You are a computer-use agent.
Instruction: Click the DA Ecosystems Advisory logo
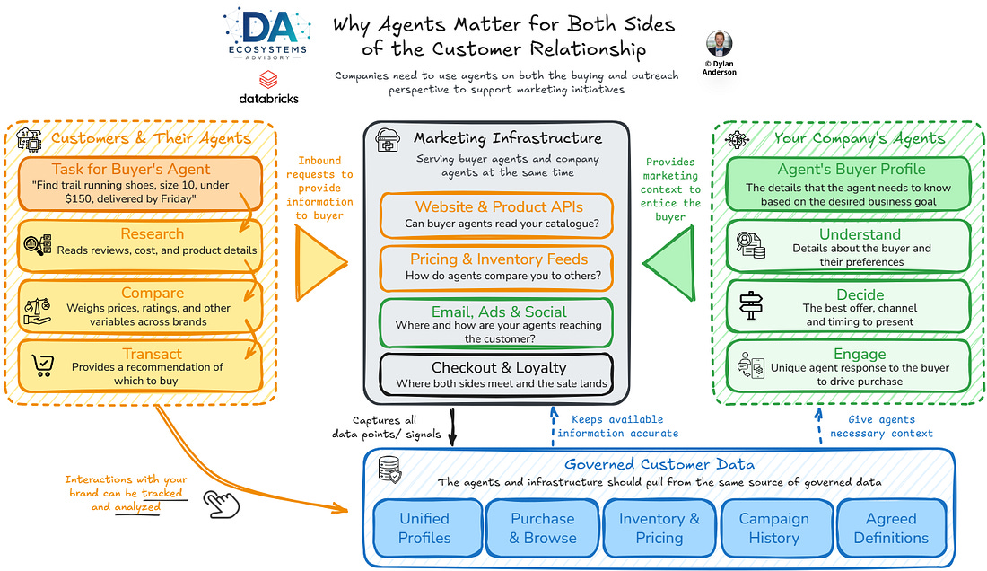click(266, 34)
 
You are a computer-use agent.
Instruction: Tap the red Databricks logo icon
click(269, 79)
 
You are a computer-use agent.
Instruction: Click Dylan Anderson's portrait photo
click(719, 43)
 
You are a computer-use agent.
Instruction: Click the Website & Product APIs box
click(497, 215)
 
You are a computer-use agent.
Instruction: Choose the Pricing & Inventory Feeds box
click(497, 268)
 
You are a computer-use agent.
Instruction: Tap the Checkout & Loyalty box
click(497, 374)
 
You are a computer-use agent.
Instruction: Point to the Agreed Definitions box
click(892, 528)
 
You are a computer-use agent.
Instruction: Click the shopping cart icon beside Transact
click(43, 365)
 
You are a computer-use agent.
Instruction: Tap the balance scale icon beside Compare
click(38, 311)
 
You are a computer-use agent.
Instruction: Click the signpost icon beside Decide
click(751, 306)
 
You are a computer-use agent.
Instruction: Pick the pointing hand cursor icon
click(222, 505)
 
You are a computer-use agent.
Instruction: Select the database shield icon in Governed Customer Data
click(389, 470)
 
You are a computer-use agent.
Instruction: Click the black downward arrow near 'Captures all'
click(452, 427)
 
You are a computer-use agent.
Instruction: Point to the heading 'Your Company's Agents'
click(860, 138)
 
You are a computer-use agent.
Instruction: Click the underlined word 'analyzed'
click(137, 506)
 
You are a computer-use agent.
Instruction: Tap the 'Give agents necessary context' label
click(881, 426)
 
